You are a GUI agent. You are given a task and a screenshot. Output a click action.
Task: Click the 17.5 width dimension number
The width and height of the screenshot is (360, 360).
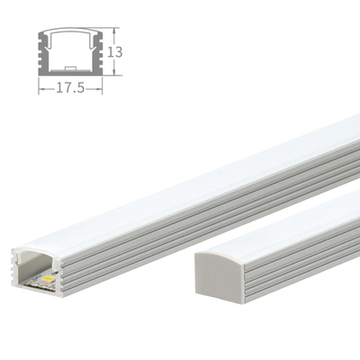coord(69,89)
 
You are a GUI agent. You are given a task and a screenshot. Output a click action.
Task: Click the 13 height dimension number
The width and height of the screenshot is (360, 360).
coord(114,51)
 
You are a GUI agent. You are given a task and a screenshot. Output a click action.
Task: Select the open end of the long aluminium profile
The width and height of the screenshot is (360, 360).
coord(37,270)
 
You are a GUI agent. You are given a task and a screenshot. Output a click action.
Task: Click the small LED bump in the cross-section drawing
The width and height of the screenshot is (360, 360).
coord(69,68)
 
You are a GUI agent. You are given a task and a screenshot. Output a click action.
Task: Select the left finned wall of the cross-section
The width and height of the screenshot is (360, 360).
coord(42,54)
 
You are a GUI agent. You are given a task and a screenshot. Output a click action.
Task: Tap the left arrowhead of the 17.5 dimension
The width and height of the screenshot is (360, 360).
coord(40,89)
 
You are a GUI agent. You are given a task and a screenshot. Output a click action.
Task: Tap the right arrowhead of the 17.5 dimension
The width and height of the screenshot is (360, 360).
coord(100,89)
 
